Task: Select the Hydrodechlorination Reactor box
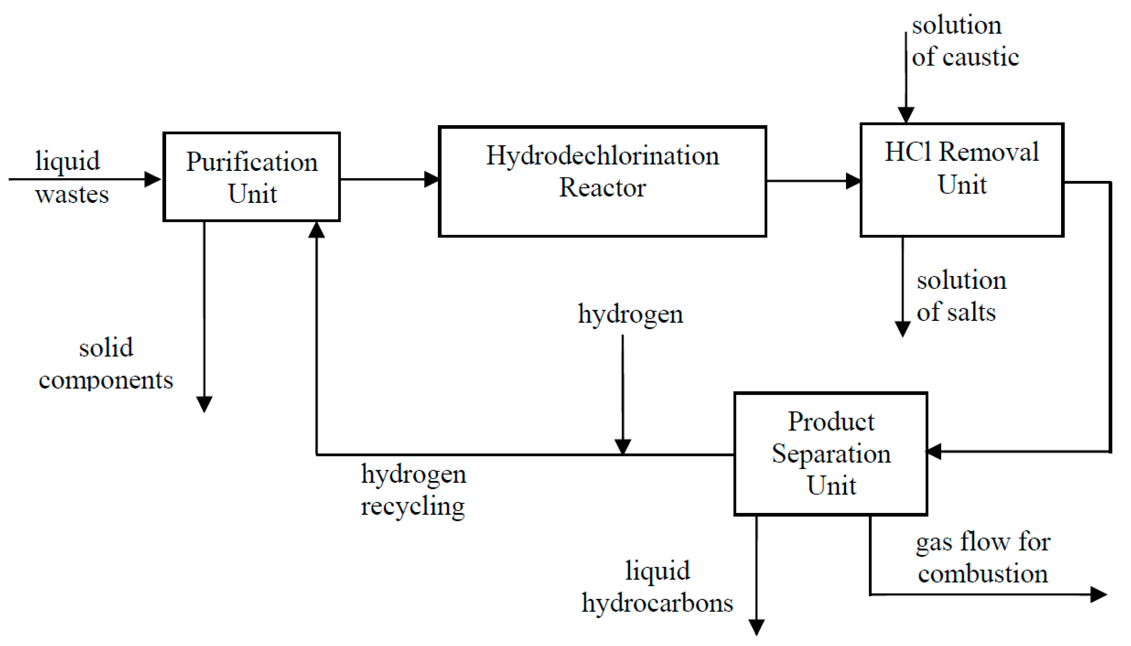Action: [602, 181]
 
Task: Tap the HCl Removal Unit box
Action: [962, 180]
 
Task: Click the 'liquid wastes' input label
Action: [71, 177]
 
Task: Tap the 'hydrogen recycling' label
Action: [413, 490]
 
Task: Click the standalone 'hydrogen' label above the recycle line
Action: [630, 314]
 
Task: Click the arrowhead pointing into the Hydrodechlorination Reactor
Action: [431, 179]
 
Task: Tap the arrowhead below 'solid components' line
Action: [204, 404]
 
